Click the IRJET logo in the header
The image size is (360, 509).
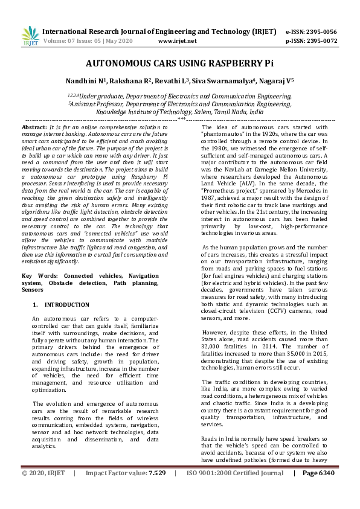(29, 36)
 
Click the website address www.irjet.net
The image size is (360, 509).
(177, 41)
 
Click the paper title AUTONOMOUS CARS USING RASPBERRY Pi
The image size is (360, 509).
(179, 63)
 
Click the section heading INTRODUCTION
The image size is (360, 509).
(66, 305)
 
